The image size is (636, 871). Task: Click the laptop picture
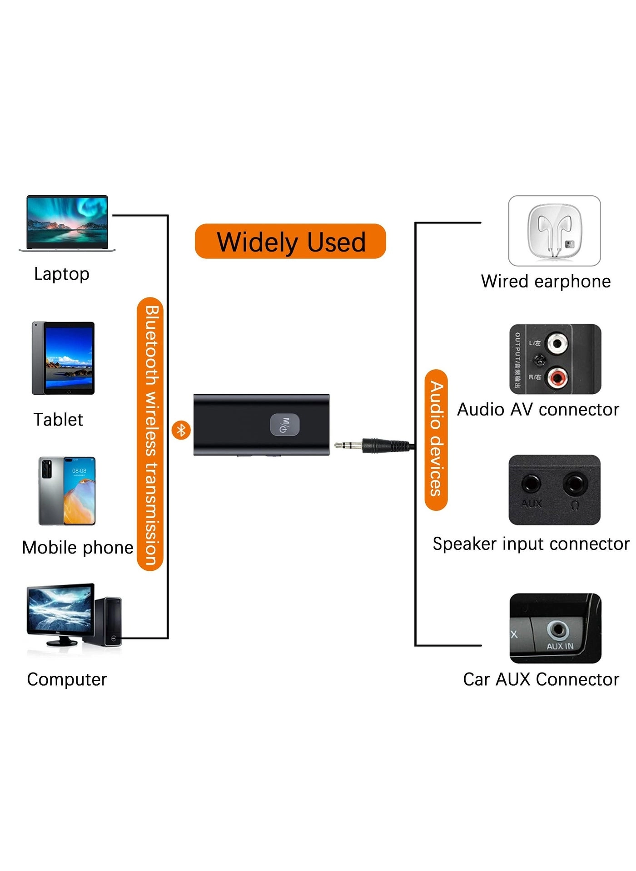[67, 223]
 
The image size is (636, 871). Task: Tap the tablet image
[63, 358]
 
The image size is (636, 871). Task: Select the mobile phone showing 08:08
[67, 491]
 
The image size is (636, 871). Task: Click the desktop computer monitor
[60, 611]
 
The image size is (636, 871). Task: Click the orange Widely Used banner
[290, 241]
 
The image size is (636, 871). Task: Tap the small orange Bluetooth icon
[181, 430]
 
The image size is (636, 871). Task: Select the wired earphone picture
[554, 231]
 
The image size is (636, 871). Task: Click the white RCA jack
[557, 343]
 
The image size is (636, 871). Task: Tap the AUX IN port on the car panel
[558, 630]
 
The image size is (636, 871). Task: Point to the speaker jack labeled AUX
[531, 484]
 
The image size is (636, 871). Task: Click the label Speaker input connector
[531, 544]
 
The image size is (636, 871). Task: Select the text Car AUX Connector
[541, 679]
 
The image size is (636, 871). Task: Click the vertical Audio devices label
[436, 440]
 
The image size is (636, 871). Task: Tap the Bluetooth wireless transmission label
[150, 434]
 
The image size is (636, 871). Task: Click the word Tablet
[58, 420]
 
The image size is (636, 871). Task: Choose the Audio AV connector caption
[538, 410]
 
